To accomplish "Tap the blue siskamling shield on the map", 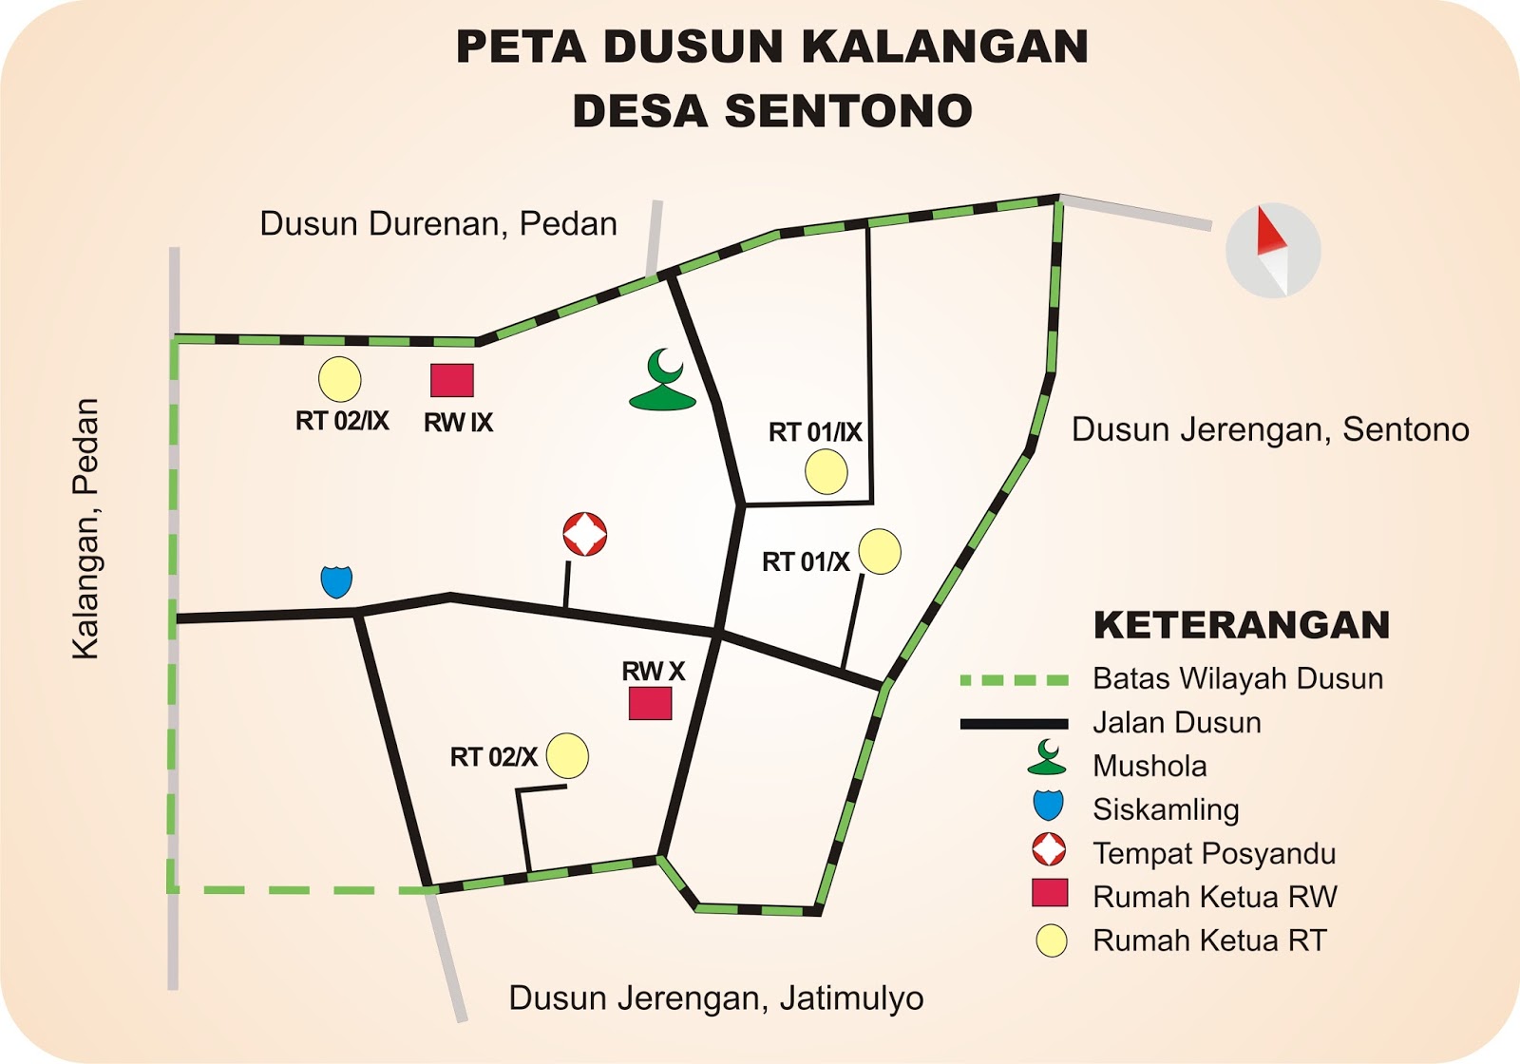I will pos(336,580).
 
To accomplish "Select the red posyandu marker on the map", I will pos(585,534).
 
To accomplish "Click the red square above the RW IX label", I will pos(452,380).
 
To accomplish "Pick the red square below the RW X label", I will pos(651,703).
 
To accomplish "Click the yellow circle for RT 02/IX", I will pos(339,379).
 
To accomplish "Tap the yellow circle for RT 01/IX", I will pos(826,472).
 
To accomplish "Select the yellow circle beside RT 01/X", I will pos(880,552).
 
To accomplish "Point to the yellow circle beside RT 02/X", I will pos(567,756).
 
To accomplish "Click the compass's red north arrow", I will pos(1270,233).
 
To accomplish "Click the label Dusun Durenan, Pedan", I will pos(438,224).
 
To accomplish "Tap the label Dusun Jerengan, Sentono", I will pos(1270,429).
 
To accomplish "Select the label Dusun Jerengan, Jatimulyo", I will pos(716,998).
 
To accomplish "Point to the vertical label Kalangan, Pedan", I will pos(86,528).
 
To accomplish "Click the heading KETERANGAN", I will pos(1242,625).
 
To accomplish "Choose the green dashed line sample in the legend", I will pos(1015,680).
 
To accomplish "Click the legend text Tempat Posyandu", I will pos(1214,853).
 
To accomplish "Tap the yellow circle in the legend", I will pos(1051,940).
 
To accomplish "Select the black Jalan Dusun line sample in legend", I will pos(1015,724).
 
